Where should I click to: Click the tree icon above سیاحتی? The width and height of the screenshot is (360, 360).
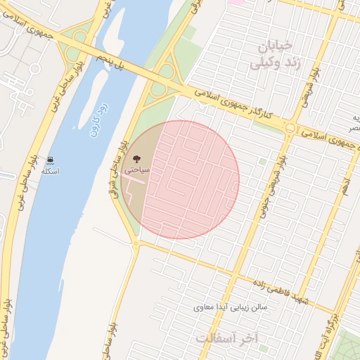tap(136, 159)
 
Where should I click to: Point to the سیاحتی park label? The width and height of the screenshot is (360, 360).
tap(136, 170)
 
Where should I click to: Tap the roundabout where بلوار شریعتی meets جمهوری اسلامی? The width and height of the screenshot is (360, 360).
tap(290, 127)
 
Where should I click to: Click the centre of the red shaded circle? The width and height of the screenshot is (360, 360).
tap(180, 180)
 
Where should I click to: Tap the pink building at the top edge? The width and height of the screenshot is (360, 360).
tap(238, 2)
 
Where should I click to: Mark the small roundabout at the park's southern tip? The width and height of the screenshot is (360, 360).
tap(136, 243)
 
